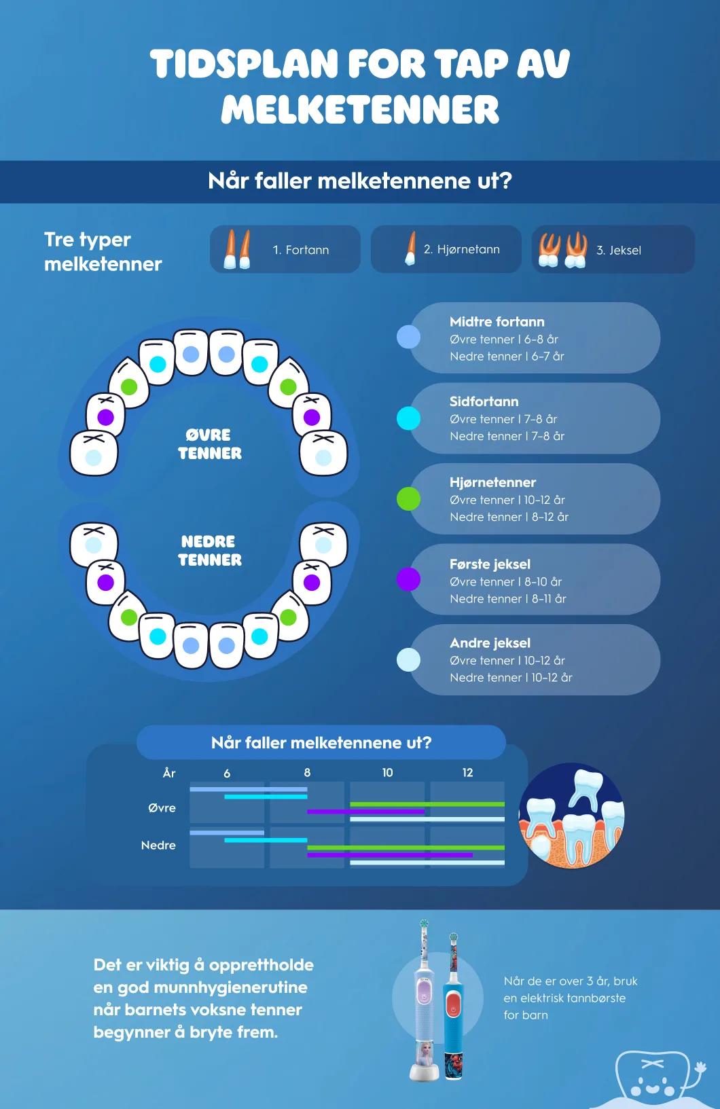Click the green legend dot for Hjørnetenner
408,498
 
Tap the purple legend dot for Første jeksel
408,579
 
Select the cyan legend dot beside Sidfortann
408,418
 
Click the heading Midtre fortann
497,322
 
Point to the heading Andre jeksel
490,643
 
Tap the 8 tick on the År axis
307,772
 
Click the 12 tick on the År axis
467,772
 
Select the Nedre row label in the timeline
158,845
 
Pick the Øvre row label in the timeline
162,808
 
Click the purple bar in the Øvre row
366,812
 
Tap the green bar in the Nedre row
406,848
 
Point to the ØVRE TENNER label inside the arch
209,444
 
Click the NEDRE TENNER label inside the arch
209,551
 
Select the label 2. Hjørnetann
461,249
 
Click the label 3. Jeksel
619,250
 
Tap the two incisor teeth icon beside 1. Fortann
237,249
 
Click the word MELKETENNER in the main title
360,109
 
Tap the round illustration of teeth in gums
571,816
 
